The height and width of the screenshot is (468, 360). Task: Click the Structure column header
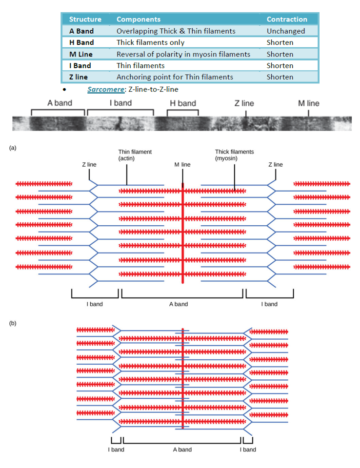(85, 19)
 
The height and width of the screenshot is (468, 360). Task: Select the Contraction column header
(287, 19)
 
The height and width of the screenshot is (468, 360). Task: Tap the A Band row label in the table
(81, 31)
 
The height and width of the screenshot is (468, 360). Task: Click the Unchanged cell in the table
(286, 31)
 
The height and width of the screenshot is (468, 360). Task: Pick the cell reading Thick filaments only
(150, 42)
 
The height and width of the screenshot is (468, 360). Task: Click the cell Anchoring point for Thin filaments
(175, 77)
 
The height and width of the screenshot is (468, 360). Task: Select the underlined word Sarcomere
(103, 89)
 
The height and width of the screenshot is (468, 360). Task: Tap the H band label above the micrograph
(183, 103)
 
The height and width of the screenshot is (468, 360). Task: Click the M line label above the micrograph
(309, 103)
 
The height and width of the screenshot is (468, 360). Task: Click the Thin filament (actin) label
(135, 155)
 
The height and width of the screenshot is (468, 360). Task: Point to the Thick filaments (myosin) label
(234, 155)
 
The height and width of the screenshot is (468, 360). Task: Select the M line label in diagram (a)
(182, 165)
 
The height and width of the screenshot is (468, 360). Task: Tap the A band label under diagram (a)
(179, 304)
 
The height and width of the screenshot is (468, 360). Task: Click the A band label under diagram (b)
(182, 449)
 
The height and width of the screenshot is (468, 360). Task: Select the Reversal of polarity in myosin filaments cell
(183, 54)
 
